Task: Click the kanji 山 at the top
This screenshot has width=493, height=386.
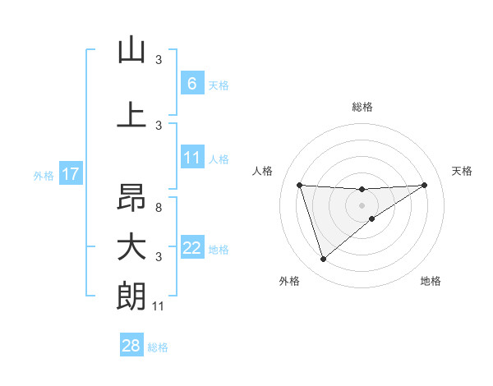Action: [131, 51]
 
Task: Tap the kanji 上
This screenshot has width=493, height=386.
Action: [131, 116]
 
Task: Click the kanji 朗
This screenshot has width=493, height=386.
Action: [131, 296]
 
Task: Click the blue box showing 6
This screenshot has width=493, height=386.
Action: [191, 84]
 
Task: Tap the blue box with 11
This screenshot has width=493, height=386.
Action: [191, 158]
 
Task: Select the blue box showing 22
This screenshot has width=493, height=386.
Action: [191, 248]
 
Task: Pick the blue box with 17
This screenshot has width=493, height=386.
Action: [71, 174]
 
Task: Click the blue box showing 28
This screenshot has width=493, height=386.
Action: [131, 346]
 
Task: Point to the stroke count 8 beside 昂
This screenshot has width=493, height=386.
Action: [159, 208]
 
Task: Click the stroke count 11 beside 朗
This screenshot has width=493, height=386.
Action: [159, 306]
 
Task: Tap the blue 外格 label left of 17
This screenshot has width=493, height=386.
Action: [44, 175]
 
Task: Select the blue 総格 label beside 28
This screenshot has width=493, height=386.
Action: [158, 347]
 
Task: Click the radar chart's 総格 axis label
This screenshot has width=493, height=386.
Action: [362, 107]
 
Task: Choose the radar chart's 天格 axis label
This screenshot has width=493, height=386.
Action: [462, 171]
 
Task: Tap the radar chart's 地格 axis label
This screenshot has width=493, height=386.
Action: [431, 281]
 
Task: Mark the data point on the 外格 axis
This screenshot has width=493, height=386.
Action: [323, 260]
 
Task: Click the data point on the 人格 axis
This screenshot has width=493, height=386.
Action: [300, 185]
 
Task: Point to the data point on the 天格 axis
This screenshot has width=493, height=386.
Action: [424, 185]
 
